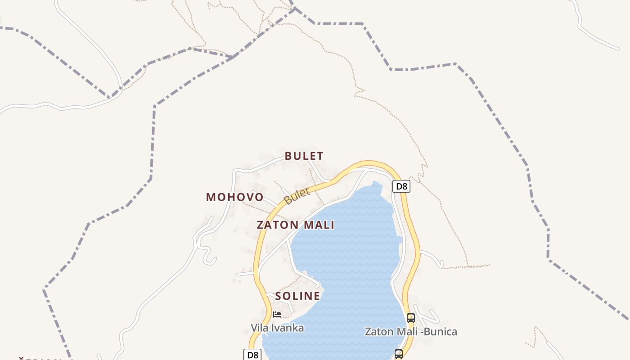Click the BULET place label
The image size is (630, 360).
click(304, 156)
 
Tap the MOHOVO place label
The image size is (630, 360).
click(234, 197)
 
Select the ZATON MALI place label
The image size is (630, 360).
click(295, 225)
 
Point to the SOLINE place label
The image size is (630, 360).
click(297, 296)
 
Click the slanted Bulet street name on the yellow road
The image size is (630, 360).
click(297, 196)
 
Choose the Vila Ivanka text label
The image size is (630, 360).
click(277, 328)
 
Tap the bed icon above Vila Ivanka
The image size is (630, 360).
click(277, 315)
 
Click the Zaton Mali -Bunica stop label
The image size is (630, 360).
click(410, 332)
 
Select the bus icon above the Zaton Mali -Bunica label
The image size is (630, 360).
click(410, 318)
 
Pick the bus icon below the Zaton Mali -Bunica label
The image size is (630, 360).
click(399, 354)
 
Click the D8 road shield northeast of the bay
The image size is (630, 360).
click(401, 186)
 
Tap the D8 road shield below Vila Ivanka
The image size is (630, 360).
click(253, 355)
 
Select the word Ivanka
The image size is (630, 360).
click(287, 328)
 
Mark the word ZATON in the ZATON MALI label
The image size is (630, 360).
click(277, 225)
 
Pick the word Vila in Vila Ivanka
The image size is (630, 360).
click(259, 328)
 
